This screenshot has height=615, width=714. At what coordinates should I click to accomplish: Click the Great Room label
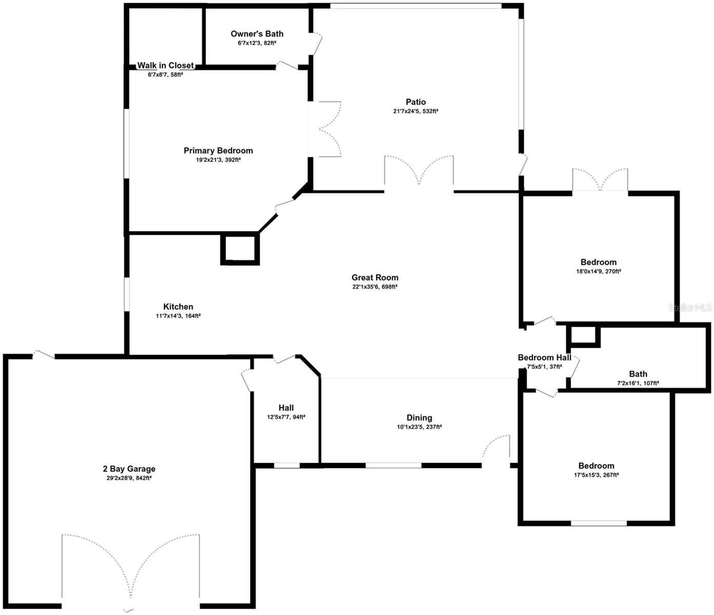pyautogui.click(x=375, y=278)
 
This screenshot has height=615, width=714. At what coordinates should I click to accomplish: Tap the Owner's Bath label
pyautogui.click(x=257, y=34)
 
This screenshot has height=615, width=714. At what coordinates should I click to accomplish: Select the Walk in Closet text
pyautogui.click(x=165, y=66)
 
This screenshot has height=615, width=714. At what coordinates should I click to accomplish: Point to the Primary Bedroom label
pyautogui.click(x=218, y=151)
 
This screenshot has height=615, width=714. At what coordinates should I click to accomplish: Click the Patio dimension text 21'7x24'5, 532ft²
pyautogui.click(x=416, y=111)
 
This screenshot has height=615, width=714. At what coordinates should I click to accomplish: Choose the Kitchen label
pyautogui.click(x=178, y=307)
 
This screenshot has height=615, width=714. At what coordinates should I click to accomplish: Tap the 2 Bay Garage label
pyautogui.click(x=129, y=469)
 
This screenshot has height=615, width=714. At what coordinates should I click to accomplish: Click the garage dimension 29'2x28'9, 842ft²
pyautogui.click(x=129, y=478)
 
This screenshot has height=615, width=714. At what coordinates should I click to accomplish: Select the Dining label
pyautogui.click(x=419, y=418)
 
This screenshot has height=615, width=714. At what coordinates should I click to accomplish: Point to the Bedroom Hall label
pyautogui.click(x=544, y=358)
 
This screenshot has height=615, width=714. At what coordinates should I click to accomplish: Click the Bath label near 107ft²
pyautogui.click(x=638, y=374)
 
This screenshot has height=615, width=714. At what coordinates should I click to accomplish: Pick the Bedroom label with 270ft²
pyautogui.click(x=598, y=262)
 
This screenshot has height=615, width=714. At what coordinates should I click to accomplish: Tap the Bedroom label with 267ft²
pyautogui.click(x=596, y=466)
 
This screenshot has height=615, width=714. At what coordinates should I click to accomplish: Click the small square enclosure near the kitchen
pyautogui.click(x=240, y=249)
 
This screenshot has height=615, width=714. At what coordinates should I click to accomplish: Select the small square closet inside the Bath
pyautogui.click(x=583, y=336)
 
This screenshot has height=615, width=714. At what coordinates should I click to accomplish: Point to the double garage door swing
pyautogui.click(x=131, y=569)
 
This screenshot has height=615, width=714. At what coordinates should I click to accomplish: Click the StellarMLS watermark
pyautogui.click(x=690, y=307)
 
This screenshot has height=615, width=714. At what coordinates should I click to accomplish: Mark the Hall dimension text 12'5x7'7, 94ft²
pyautogui.click(x=286, y=417)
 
